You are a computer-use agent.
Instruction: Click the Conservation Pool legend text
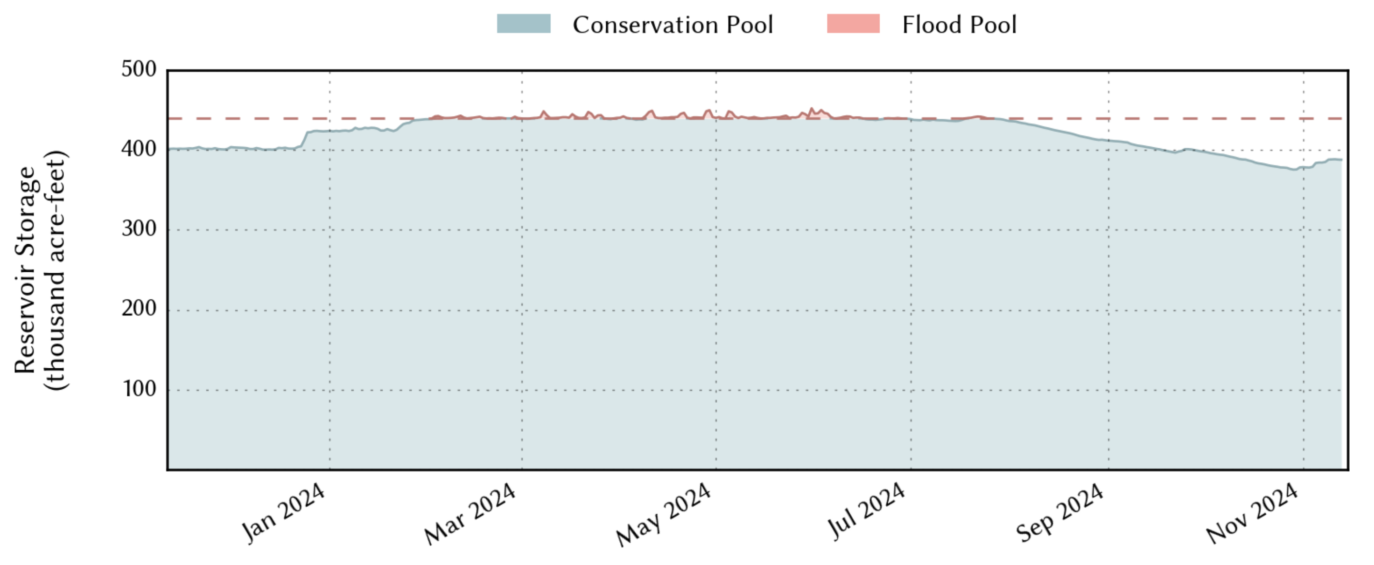(x=672, y=25)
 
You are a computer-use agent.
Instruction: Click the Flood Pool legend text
(x=959, y=25)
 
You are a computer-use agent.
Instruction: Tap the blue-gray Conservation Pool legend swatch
(x=523, y=24)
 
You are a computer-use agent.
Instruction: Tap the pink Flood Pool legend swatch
(x=853, y=24)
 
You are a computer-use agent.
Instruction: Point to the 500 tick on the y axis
(x=139, y=69)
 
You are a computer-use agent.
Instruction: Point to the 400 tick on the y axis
(x=139, y=149)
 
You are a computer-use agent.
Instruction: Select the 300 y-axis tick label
(x=139, y=229)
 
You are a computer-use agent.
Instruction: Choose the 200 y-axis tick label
(x=139, y=309)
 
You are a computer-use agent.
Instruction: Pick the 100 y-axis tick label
(x=140, y=389)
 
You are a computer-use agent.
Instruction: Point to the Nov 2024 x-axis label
(x=1252, y=513)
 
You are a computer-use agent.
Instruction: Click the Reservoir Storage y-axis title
(x=25, y=270)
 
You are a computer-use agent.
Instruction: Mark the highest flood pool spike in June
(x=811, y=109)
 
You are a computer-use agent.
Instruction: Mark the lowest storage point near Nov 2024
(x=1293, y=170)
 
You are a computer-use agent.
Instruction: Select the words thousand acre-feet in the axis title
(x=56, y=270)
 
